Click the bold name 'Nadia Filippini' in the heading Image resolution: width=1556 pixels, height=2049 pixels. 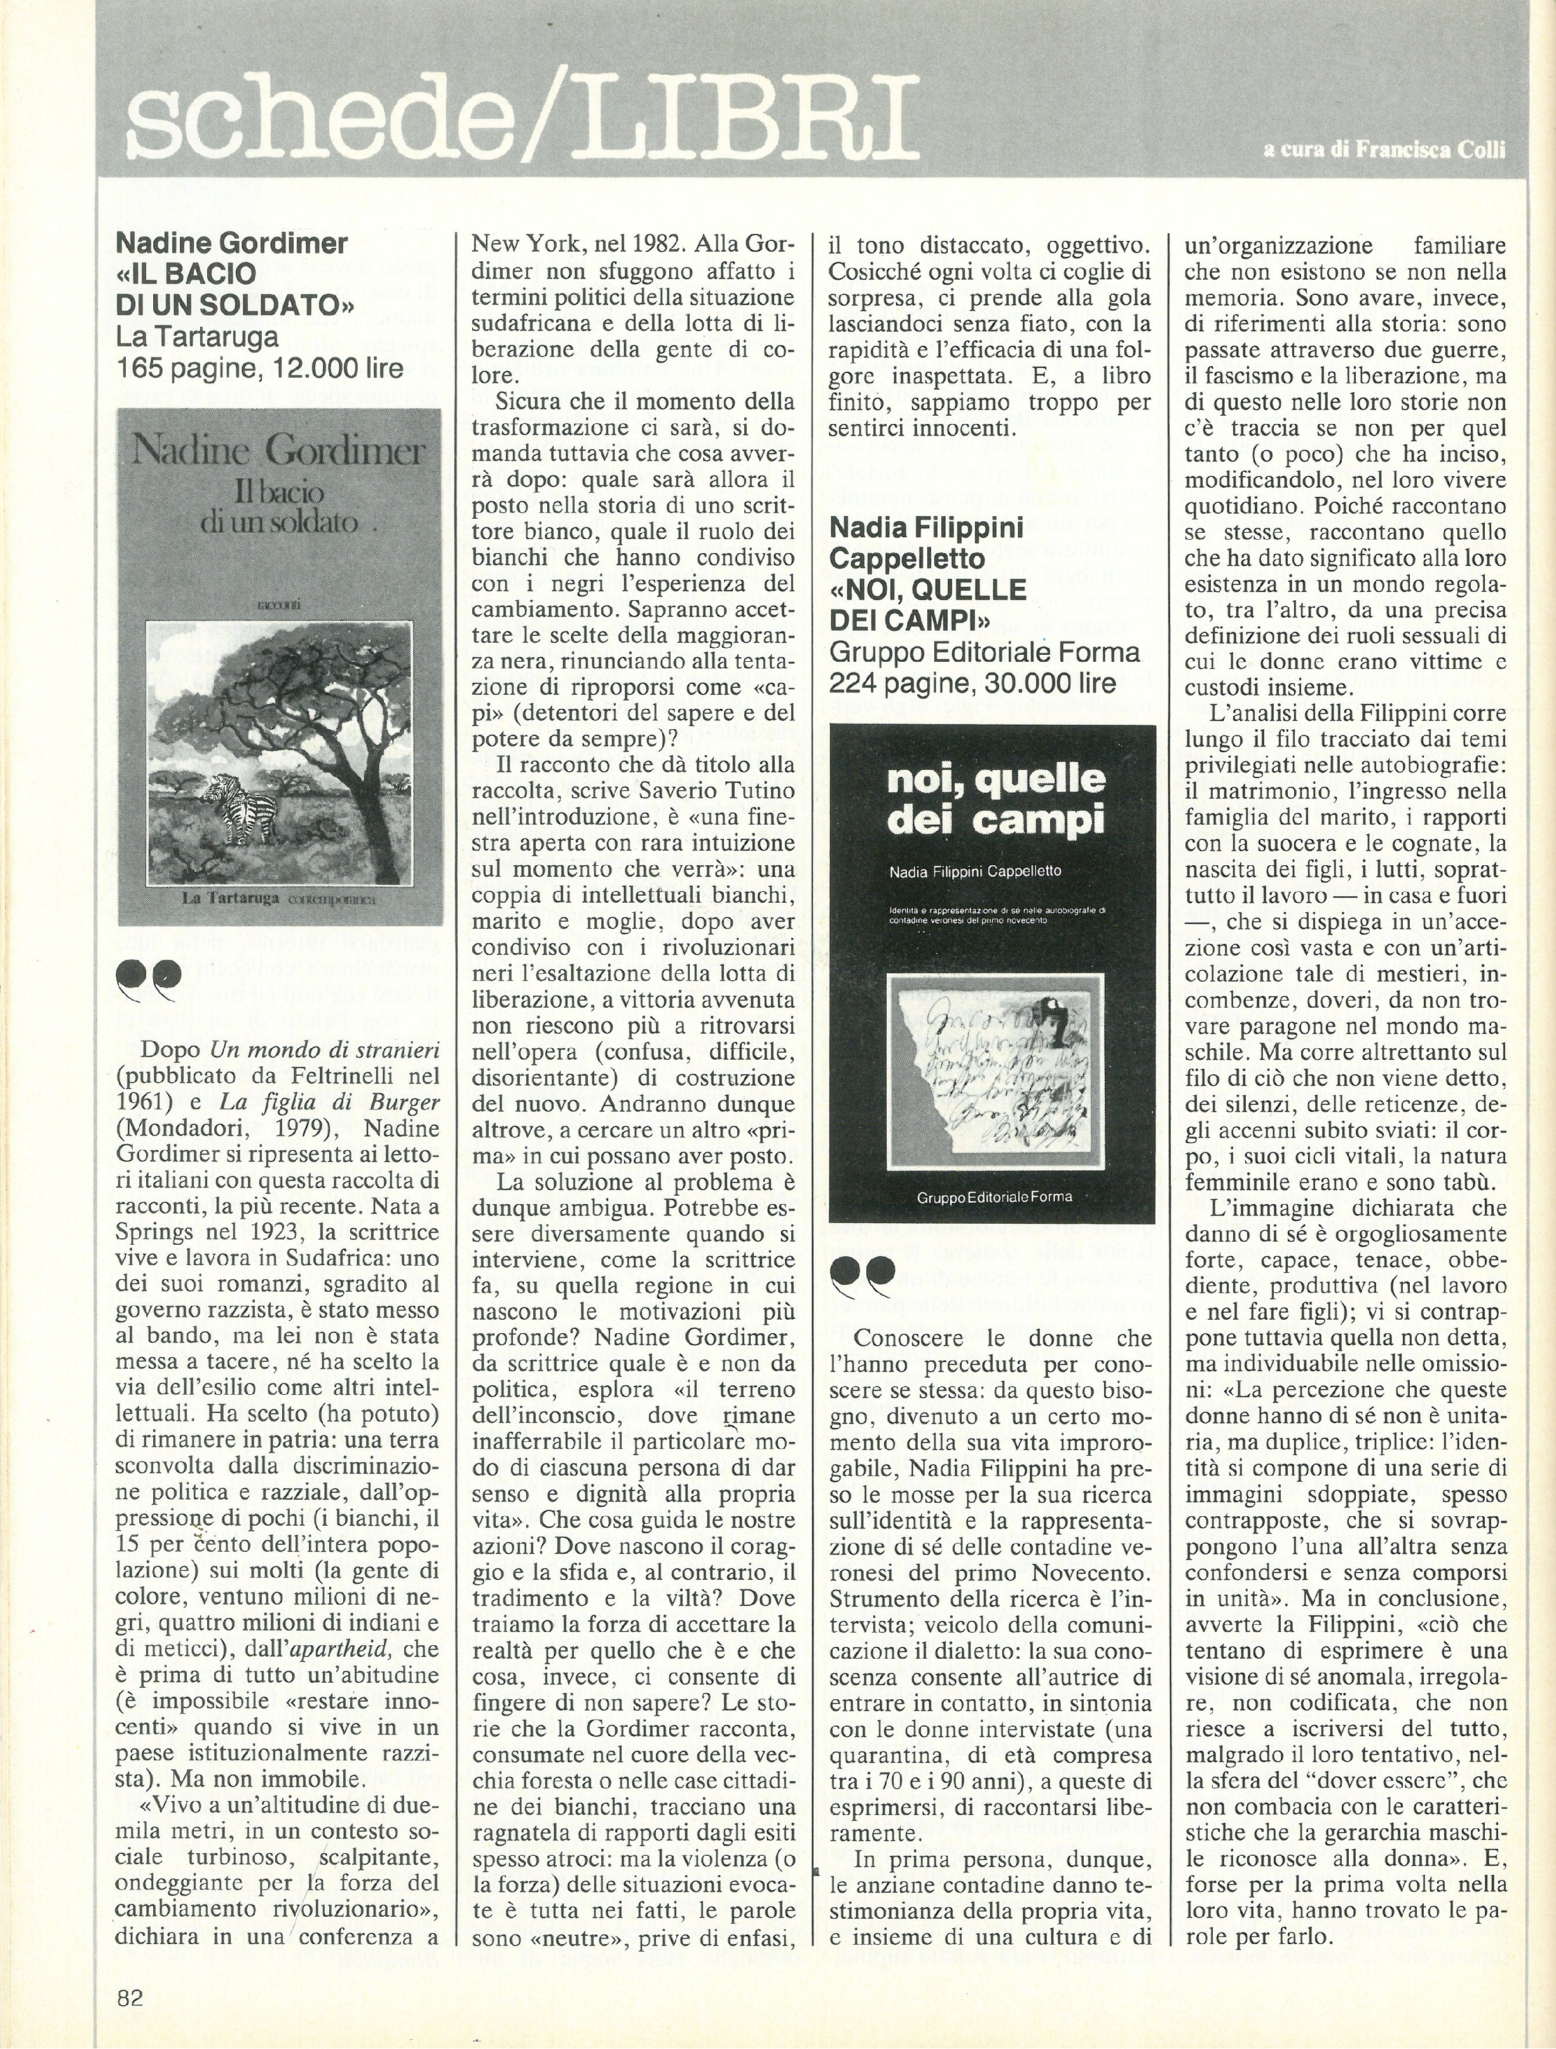click(926, 528)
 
